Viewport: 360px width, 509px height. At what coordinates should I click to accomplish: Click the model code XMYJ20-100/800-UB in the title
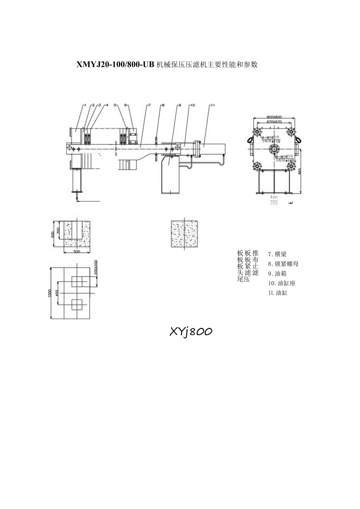116,65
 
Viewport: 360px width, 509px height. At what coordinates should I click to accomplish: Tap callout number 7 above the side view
149,105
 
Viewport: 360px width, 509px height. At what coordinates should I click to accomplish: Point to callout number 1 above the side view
85,105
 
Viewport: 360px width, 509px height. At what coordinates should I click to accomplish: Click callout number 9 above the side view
180,105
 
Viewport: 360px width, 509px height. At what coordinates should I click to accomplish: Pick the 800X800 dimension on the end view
274,117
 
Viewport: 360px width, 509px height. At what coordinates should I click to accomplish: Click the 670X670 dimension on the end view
274,122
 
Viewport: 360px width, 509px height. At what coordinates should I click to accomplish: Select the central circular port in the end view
274,149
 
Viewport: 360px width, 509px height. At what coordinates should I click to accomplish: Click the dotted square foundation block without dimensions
184,234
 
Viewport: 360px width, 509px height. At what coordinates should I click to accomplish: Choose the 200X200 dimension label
96,268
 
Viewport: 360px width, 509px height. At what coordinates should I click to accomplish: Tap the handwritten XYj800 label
191,332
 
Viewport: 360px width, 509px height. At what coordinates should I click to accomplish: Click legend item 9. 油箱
277,273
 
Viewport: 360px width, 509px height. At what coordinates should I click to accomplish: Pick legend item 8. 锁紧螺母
283,264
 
